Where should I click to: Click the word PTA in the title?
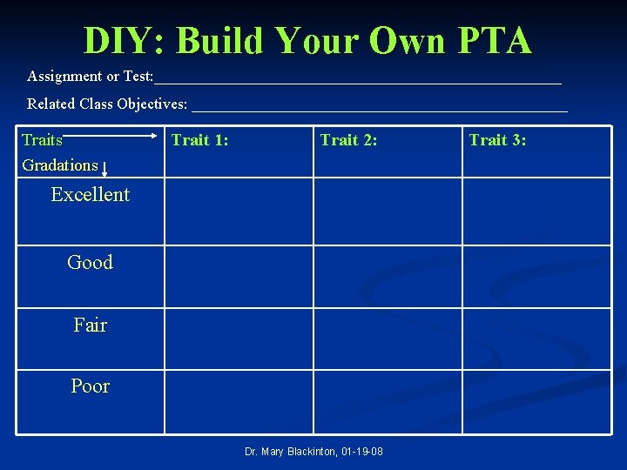point(489,40)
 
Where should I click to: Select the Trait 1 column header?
point(199,139)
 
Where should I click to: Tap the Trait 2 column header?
point(348,139)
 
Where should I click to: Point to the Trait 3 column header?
point(497,139)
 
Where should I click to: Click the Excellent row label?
point(90,195)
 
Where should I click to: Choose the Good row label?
point(90,262)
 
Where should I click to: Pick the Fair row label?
point(90,326)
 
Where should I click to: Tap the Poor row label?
point(90,386)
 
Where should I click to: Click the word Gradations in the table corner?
point(60,165)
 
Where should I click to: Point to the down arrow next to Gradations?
point(104,169)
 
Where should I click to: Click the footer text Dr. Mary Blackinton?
point(313,451)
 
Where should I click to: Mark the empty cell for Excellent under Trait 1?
point(239,211)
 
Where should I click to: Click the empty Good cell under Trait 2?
point(388,276)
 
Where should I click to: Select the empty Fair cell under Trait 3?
point(536,339)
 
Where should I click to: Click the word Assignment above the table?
point(64,77)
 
